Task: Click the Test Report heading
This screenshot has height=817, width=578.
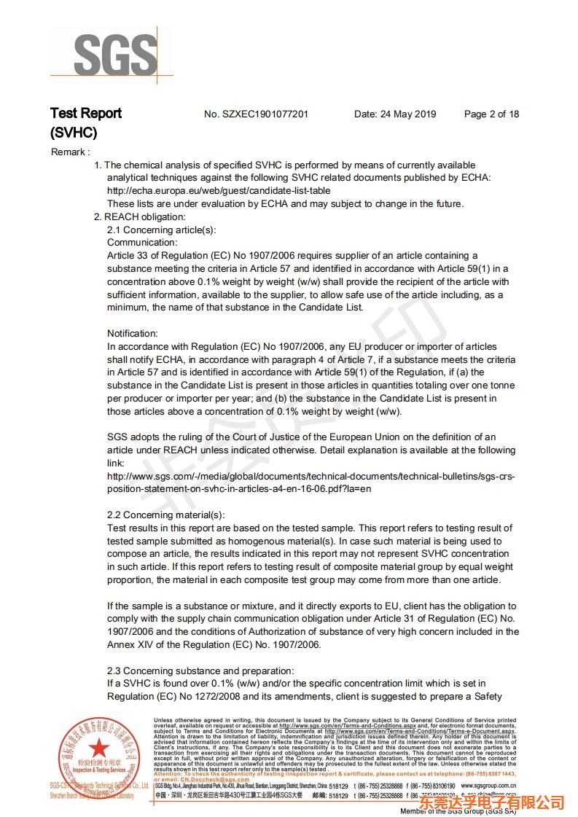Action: pyautogui.click(x=86, y=113)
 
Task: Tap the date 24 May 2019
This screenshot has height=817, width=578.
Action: pyautogui.click(x=395, y=114)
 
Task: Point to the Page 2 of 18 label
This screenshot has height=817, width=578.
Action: pyautogui.click(x=491, y=114)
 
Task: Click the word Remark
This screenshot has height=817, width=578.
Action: pyautogui.click(x=69, y=152)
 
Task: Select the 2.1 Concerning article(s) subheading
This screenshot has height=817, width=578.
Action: pyautogui.click(x=162, y=230)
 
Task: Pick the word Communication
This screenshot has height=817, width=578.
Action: pyautogui.click(x=142, y=242)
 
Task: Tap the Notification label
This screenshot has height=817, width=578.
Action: pyautogui.click(x=133, y=333)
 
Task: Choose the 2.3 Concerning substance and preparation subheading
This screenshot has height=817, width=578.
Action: pyautogui.click(x=200, y=671)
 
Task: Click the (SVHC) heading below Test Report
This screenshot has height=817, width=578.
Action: pyautogui.click(x=74, y=133)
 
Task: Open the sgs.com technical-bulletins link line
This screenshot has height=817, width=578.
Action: pyautogui.click(x=311, y=476)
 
